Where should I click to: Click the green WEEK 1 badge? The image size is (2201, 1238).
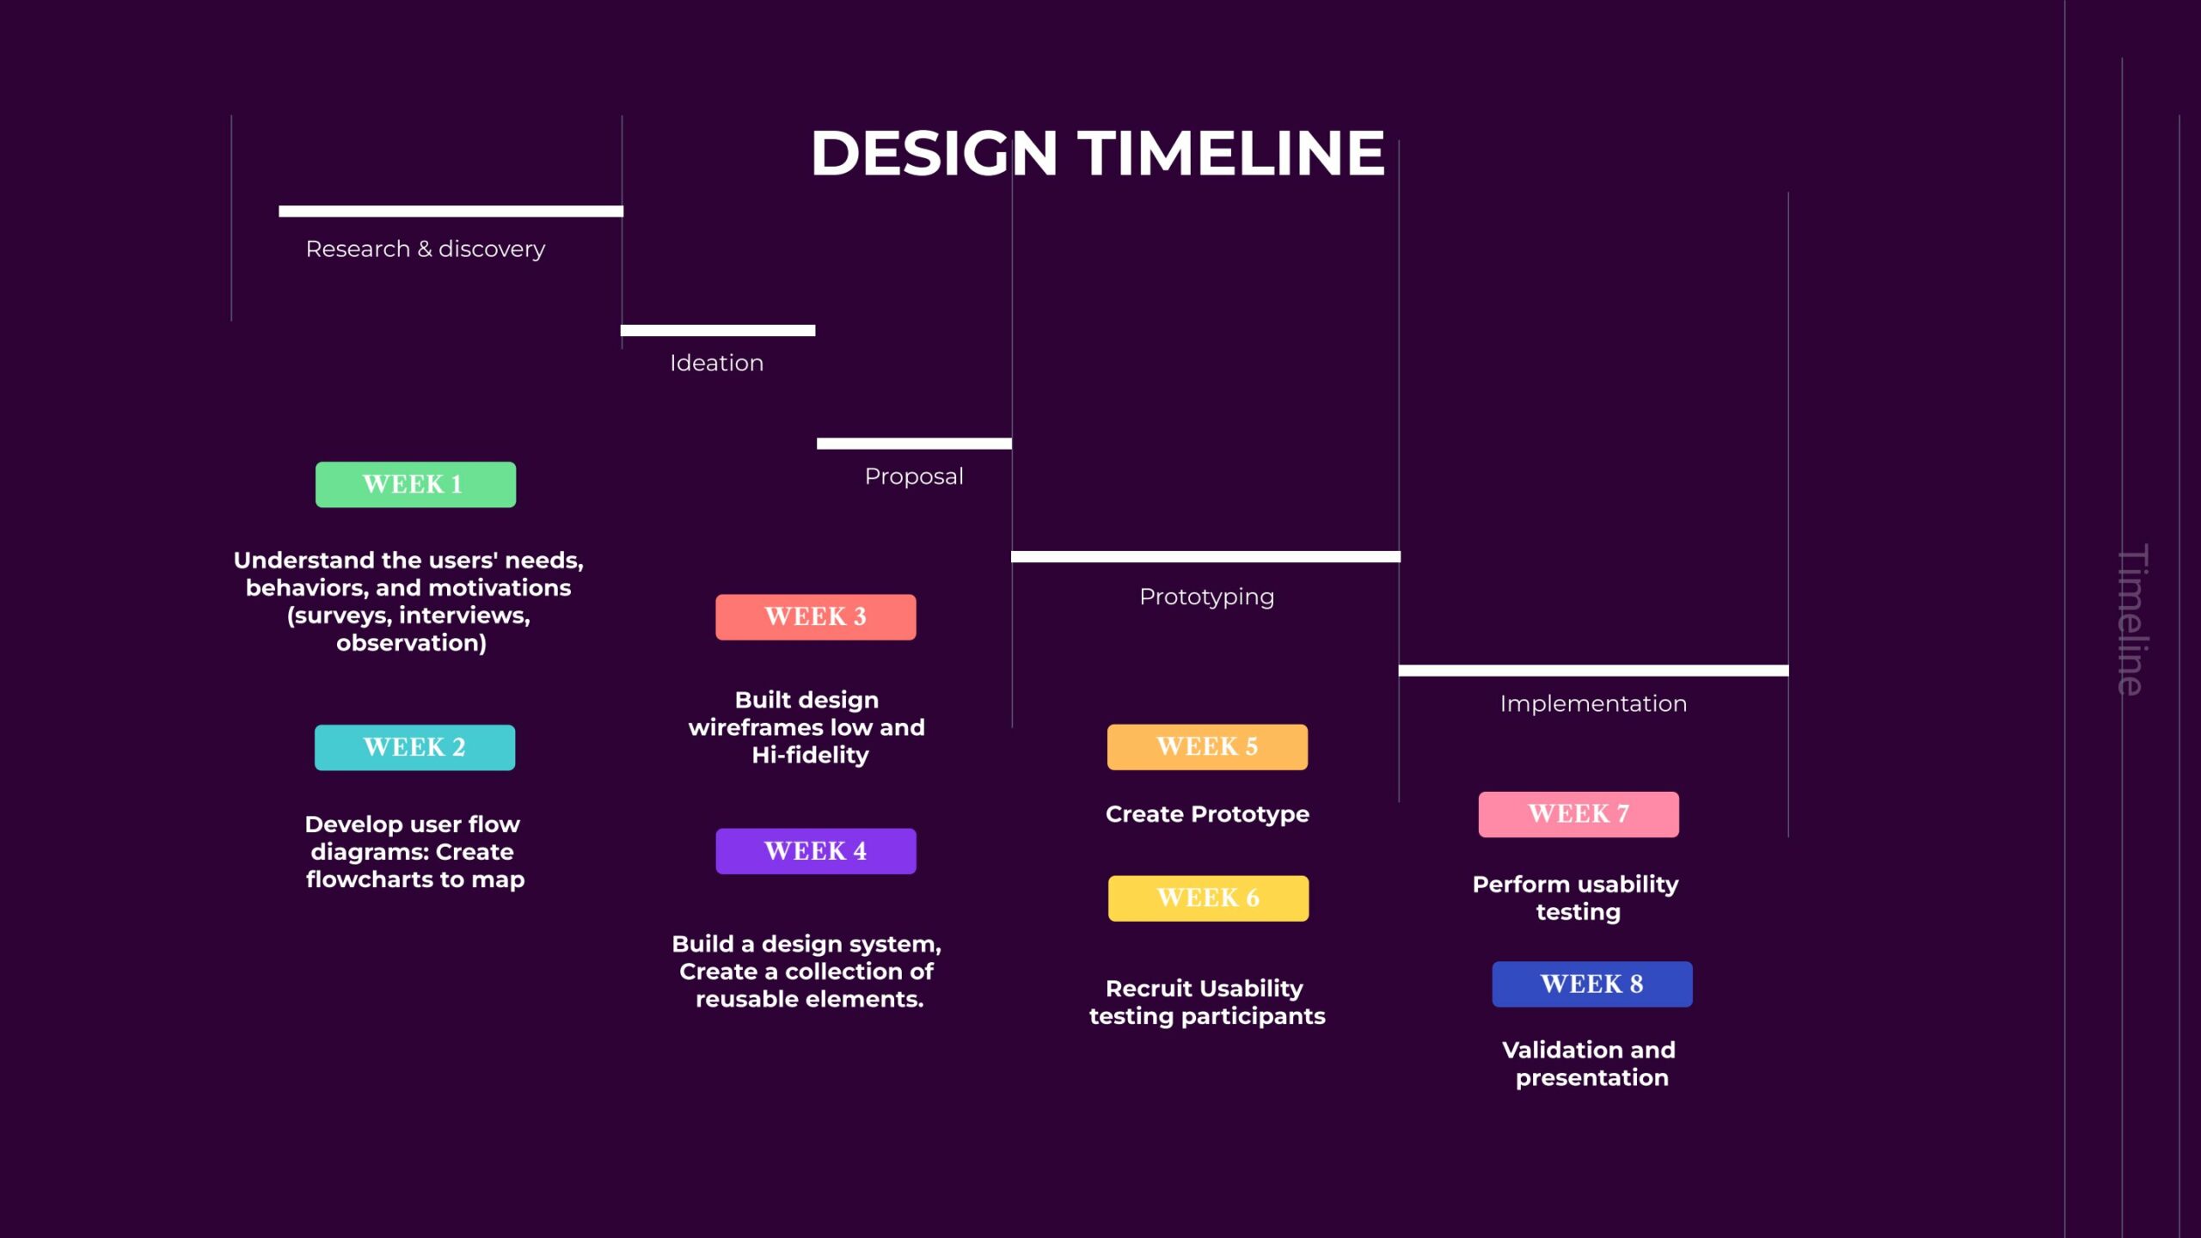click(415, 484)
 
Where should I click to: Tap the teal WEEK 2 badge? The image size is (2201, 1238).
click(414, 747)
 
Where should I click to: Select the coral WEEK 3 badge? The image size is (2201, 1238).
click(816, 616)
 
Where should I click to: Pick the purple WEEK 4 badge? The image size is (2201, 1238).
click(816, 851)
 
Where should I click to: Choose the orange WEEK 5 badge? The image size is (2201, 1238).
click(1207, 746)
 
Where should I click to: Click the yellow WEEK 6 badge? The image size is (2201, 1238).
click(1208, 898)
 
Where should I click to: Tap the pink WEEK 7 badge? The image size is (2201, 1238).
click(1579, 814)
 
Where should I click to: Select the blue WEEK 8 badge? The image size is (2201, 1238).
click(1592, 984)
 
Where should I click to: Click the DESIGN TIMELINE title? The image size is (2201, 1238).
click(1098, 153)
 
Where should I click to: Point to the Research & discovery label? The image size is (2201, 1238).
click(426, 249)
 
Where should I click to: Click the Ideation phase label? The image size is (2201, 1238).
click(717, 363)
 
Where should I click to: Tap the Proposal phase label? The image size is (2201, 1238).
click(914, 476)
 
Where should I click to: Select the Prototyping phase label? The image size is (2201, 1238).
click(1207, 597)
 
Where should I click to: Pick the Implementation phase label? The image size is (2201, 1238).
click(1593, 703)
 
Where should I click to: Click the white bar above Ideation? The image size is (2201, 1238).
click(718, 331)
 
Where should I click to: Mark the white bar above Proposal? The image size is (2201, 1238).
click(914, 444)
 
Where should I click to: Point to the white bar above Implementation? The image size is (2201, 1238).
click(1593, 671)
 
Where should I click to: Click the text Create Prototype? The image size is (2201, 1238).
click(1207, 814)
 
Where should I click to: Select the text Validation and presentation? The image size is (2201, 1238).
click(1590, 1063)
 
